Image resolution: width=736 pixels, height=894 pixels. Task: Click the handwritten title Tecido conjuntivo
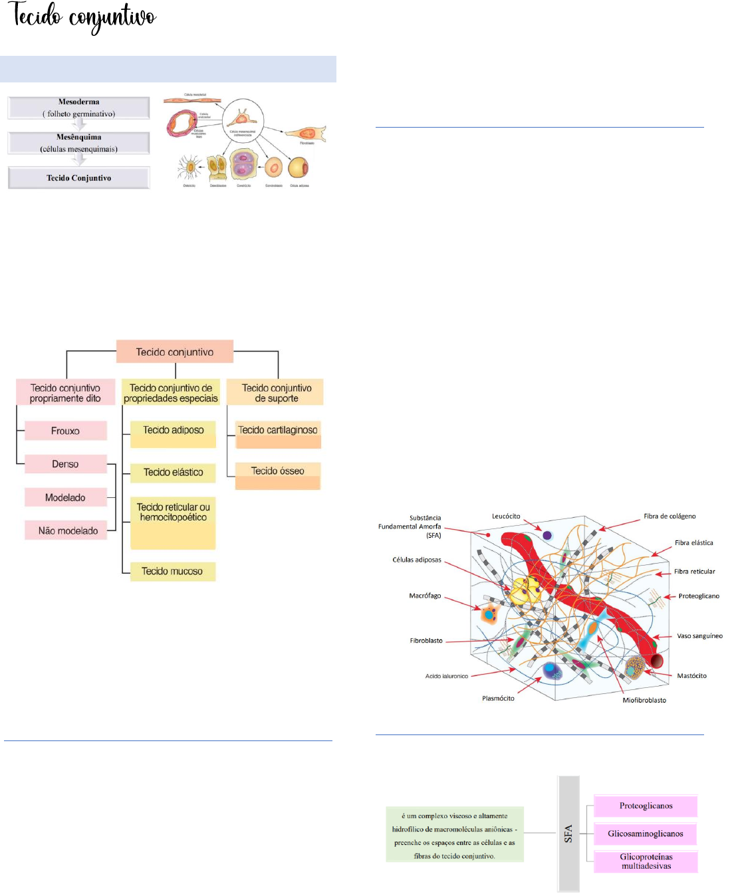82,17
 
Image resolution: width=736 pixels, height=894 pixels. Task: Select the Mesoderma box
78,108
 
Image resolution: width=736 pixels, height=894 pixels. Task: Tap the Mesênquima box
78,143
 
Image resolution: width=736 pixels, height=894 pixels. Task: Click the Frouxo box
65,431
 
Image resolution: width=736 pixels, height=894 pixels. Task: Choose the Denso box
65,464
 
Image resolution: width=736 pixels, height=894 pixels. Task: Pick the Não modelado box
68,530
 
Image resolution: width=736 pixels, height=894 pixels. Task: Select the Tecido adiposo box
173,433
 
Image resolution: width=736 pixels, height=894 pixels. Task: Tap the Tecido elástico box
173,473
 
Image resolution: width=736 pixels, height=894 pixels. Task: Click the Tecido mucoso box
172,571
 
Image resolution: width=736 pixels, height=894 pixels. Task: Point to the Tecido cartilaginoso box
278,433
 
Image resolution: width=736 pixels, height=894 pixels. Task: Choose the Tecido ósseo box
278,475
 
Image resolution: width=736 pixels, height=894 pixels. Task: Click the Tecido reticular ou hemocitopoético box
173,524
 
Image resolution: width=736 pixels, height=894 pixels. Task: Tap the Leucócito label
506,516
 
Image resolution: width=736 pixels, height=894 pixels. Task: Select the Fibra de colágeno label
670,516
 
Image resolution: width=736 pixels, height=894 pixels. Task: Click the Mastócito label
691,676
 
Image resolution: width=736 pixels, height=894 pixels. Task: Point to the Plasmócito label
498,699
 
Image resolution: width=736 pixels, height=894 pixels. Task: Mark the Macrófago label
425,596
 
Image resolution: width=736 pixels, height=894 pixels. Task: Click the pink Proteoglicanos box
646,806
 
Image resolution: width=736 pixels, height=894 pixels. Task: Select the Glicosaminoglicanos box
645,834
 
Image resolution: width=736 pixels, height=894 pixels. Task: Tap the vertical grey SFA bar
568,834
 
